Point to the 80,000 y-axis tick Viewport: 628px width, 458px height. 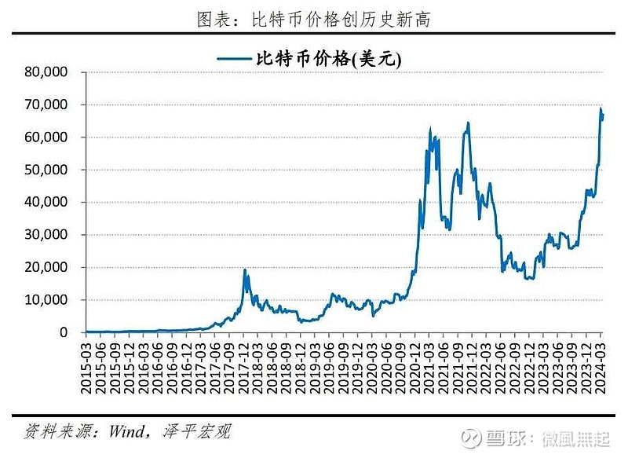[x=44, y=71]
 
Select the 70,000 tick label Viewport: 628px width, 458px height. [x=44, y=104]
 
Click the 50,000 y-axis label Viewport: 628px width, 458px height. [x=44, y=170]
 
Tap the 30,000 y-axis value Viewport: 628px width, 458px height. [x=44, y=235]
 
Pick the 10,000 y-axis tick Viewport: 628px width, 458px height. [x=44, y=300]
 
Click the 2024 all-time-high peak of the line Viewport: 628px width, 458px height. [x=601, y=108]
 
